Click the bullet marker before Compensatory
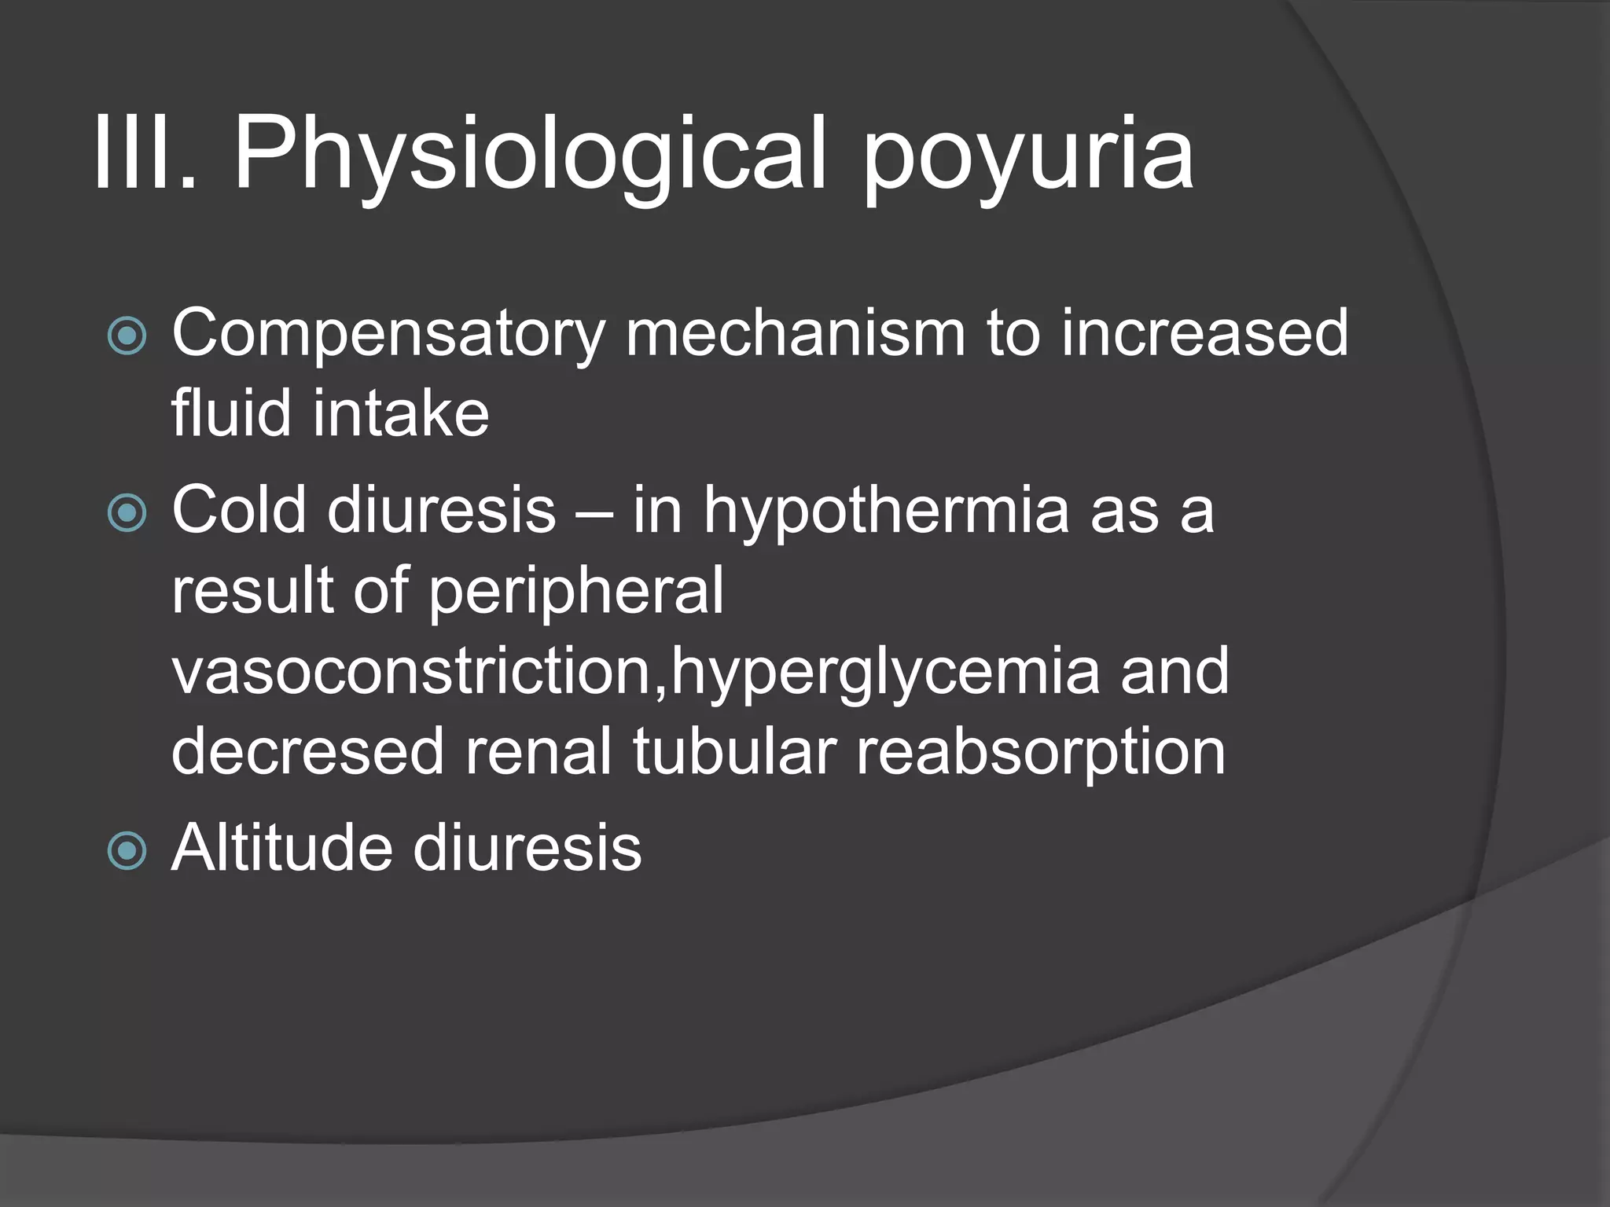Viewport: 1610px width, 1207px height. pos(127,336)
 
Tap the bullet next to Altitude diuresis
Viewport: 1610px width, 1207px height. pos(127,851)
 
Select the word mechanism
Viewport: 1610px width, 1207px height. pos(795,333)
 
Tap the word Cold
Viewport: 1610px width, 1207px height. pos(239,510)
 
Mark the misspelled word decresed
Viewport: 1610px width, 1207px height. pos(307,751)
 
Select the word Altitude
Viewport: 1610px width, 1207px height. pos(281,849)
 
